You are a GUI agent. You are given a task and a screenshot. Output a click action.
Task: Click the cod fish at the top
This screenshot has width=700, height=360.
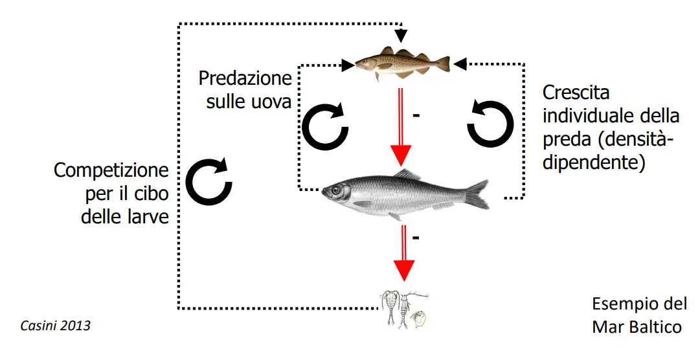[x=401, y=63]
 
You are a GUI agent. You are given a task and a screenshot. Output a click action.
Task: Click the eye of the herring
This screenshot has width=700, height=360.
[x=336, y=190]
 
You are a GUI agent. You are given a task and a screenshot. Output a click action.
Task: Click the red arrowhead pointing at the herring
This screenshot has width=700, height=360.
[x=401, y=155]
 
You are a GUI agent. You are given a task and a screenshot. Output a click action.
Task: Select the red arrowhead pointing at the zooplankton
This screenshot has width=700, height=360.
[x=405, y=270]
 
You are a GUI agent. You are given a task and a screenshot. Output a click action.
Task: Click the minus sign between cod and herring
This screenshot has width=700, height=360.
[x=416, y=115]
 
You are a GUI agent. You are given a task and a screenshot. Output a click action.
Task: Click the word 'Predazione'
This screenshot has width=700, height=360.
[x=245, y=79]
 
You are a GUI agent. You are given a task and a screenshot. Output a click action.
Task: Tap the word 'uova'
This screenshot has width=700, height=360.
[x=271, y=102]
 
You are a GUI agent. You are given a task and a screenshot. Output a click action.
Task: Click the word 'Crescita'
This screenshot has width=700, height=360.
[x=576, y=93]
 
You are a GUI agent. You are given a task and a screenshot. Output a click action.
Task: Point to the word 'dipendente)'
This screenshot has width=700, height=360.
[x=594, y=163]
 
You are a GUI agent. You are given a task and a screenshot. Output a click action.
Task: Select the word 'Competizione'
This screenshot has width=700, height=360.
[x=111, y=171]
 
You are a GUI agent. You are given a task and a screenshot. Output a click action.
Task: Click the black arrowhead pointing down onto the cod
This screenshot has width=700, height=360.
[x=402, y=34]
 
